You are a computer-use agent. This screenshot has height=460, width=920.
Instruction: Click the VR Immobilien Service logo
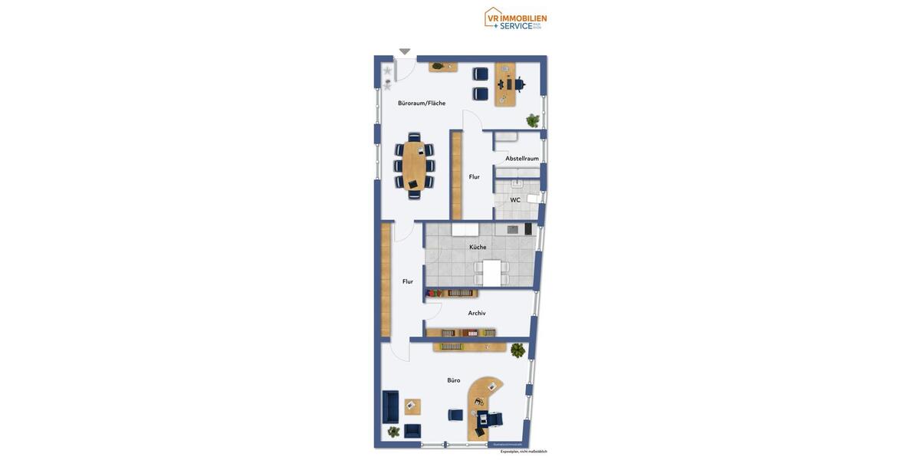pyautogui.click(x=515, y=18)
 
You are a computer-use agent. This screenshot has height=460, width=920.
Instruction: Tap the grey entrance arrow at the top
pyautogui.click(x=405, y=51)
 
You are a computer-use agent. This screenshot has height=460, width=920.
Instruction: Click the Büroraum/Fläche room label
pyautogui.click(x=422, y=103)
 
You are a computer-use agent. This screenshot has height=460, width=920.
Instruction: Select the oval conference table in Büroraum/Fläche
pyautogui.click(x=414, y=166)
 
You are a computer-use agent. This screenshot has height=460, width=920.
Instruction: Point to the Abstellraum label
pyautogui.click(x=521, y=158)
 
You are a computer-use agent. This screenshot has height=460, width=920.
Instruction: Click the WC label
pyautogui.click(x=515, y=200)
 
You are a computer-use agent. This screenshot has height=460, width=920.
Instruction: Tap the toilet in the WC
pyautogui.click(x=533, y=199)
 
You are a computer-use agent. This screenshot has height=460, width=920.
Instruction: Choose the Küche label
pyautogui.click(x=478, y=247)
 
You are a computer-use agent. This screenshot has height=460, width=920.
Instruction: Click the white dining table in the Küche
pyautogui.click(x=491, y=273)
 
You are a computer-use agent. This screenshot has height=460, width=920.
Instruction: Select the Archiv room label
pyautogui.click(x=477, y=313)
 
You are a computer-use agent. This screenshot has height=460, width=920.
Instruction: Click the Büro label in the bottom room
pyautogui.click(x=454, y=380)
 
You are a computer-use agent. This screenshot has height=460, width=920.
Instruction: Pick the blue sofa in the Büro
pyautogui.click(x=390, y=407)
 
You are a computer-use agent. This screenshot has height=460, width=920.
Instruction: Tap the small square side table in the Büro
pyautogui.click(x=412, y=406)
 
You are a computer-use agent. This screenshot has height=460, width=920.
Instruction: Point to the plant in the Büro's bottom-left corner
pyautogui.click(x=393, y=432)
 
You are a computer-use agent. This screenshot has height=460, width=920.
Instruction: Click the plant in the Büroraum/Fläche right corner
pyautogui.click(x=533, y=120)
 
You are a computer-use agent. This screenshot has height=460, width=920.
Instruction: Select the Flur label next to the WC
pyautogui.click(x=475, y=177)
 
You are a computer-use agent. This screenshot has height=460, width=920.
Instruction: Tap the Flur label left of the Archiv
pyautogui.click(x=408, y=281)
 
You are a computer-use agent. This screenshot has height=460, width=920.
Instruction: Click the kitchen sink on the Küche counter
pyautogui.click(x=512, y=229)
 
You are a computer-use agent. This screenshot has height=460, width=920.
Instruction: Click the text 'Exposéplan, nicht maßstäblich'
pyautogui.click(x=524, y=452)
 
